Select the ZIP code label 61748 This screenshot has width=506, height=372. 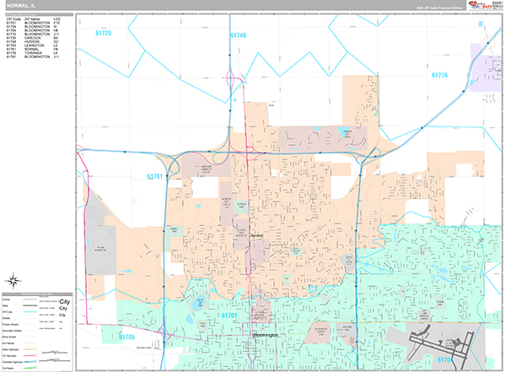[238, 35]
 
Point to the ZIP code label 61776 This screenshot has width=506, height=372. [440, 75]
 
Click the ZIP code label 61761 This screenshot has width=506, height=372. [153, 176]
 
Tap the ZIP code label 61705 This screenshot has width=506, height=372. [126, 337]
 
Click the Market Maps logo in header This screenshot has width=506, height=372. [481, 6]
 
